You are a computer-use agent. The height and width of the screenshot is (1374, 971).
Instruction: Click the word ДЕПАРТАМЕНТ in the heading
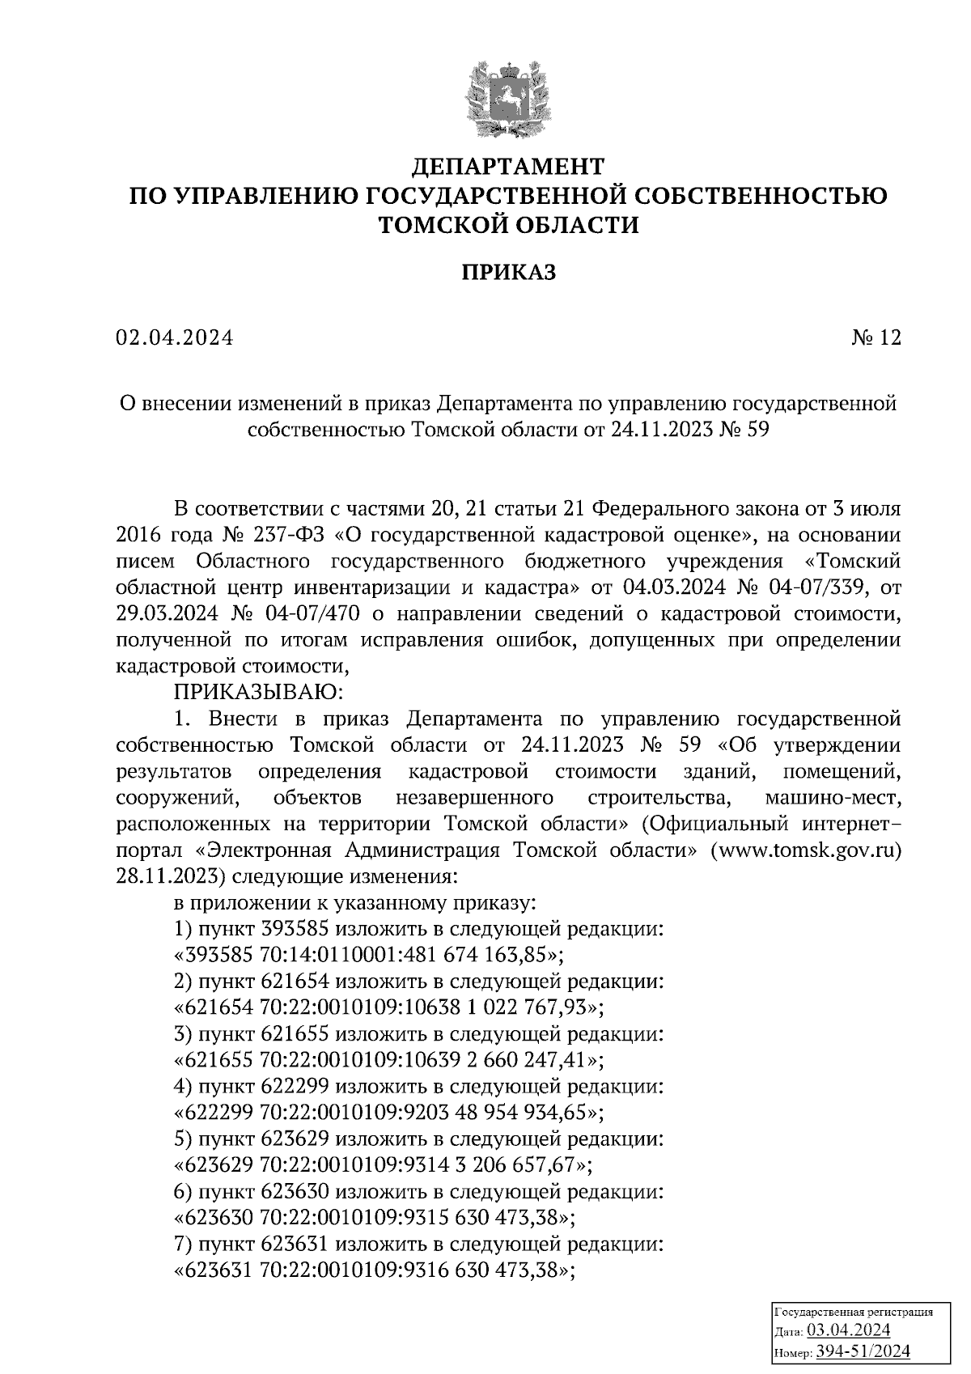pyautogui.click(x=508, y=167)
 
